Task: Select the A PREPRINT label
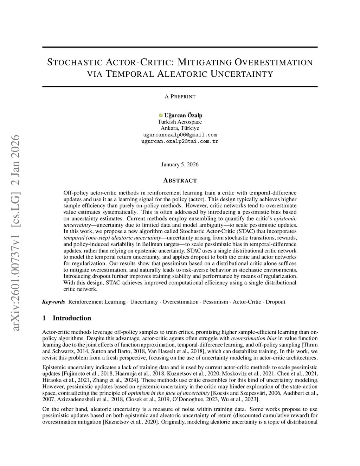click(180, 96)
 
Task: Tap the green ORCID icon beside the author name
click(161, 115)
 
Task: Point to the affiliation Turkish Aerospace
click(180, 122)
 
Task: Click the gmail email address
click(180, 135)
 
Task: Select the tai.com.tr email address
click(180, 141)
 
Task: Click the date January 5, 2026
click(180, 165)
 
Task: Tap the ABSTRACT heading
click(180, 180)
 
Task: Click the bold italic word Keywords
click(54, 302)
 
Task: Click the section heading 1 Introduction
click(66, 318)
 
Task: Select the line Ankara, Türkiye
click(180, 128)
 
